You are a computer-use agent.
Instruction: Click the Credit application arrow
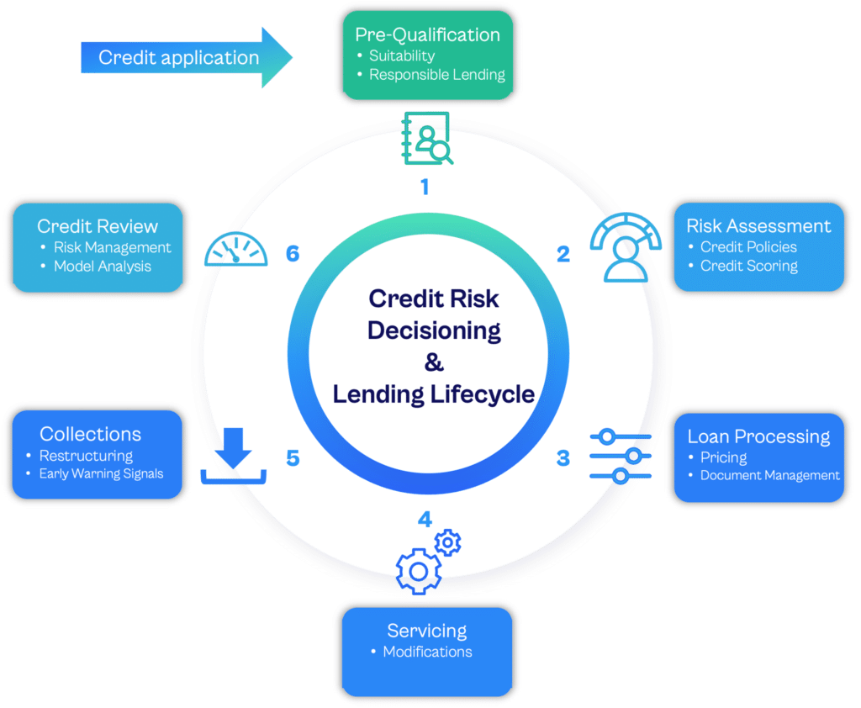[187, 57]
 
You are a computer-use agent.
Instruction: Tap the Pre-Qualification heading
[427, 34]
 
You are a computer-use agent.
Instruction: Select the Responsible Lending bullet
[437, 75]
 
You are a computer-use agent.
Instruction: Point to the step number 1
[425, 187]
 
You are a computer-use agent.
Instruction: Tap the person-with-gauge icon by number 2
[626, 247]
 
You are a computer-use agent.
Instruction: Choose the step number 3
[563, 457]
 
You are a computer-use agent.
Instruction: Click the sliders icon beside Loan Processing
[621, 456]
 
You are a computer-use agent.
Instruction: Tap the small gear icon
[447, 542]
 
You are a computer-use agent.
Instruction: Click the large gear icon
[419, 571]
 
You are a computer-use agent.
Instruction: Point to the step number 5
[293, 457]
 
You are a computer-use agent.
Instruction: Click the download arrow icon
[234, 456]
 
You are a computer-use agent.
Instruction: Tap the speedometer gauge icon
[236, 250]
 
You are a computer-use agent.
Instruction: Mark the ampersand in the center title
[434, 362]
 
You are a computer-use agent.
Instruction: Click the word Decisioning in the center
[434, 331]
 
